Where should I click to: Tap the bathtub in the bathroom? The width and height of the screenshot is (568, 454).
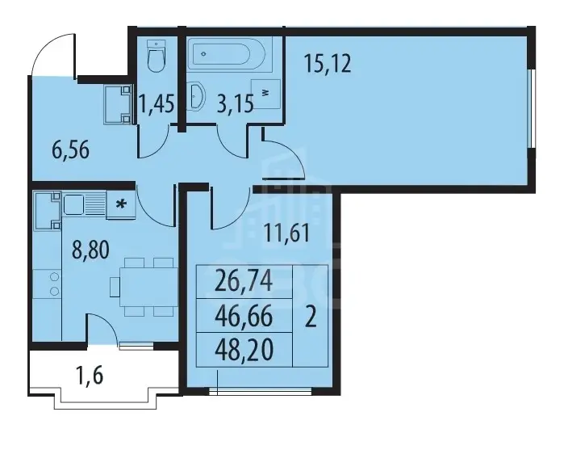pyautogui.click(x=230, y=53)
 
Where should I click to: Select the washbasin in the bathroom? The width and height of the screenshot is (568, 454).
pyautogui.click(x=196, y=96)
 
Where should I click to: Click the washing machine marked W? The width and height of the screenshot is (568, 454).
pyautogui.click(x=266, y=94)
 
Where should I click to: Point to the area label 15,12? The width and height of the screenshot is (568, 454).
pyautogui.click(x=328, y=64)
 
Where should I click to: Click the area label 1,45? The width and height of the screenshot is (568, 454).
pyautogui.click(x=157, y=103)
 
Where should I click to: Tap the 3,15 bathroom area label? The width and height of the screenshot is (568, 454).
pyautogui.click(x=235, y=104)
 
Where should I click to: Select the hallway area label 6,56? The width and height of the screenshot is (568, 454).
pyautogui.click(x=71, y=150)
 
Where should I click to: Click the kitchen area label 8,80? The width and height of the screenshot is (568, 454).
pyautogui.click(x=90, y=250)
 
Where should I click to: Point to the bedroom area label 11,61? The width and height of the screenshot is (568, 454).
pyautogui.click(x=287, y=233)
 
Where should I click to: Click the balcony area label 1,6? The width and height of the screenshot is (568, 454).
pyautogui.click(x=90, y=375)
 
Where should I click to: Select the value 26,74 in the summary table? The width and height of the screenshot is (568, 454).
pyautogui.click(x=244, y=282)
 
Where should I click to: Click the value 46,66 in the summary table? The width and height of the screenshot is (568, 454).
pyautogui.click(x=244, y=316)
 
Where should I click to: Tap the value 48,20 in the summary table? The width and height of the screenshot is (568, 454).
pyautogui.click(x=244, y=350)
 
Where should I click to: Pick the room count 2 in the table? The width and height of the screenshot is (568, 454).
pyautogui.click(x=311, y=317)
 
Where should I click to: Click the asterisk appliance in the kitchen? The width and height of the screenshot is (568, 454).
pyautogui.click(x=121, y=205)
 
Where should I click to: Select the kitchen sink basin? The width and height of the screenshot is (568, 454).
pyautogui.click(x=74, y=204)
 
